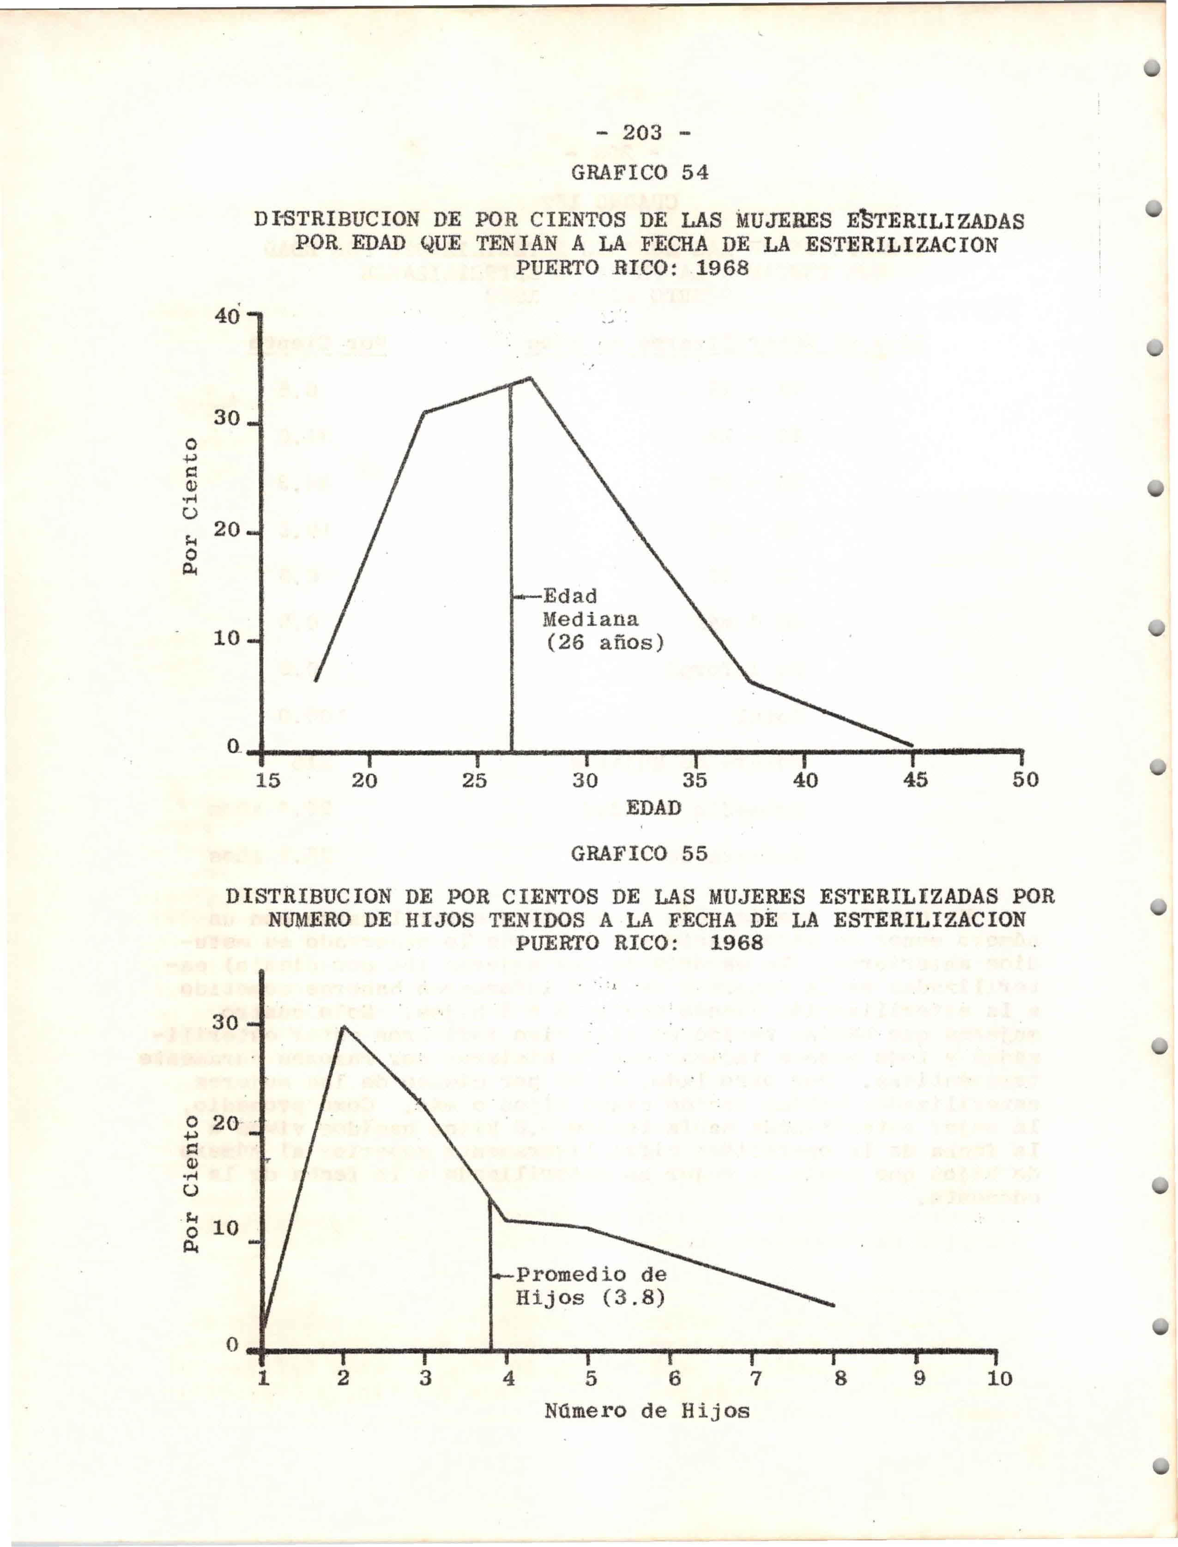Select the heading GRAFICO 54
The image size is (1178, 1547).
click(640, 173)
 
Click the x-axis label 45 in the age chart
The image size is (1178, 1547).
click(914, 780)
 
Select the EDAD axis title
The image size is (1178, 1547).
click(653, 808)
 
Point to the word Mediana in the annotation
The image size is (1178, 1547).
click(591, 620)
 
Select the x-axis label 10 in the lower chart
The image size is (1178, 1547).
click(999, 1379)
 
